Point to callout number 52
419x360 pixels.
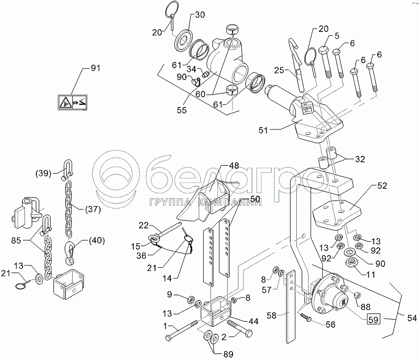[x=382, y=186]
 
